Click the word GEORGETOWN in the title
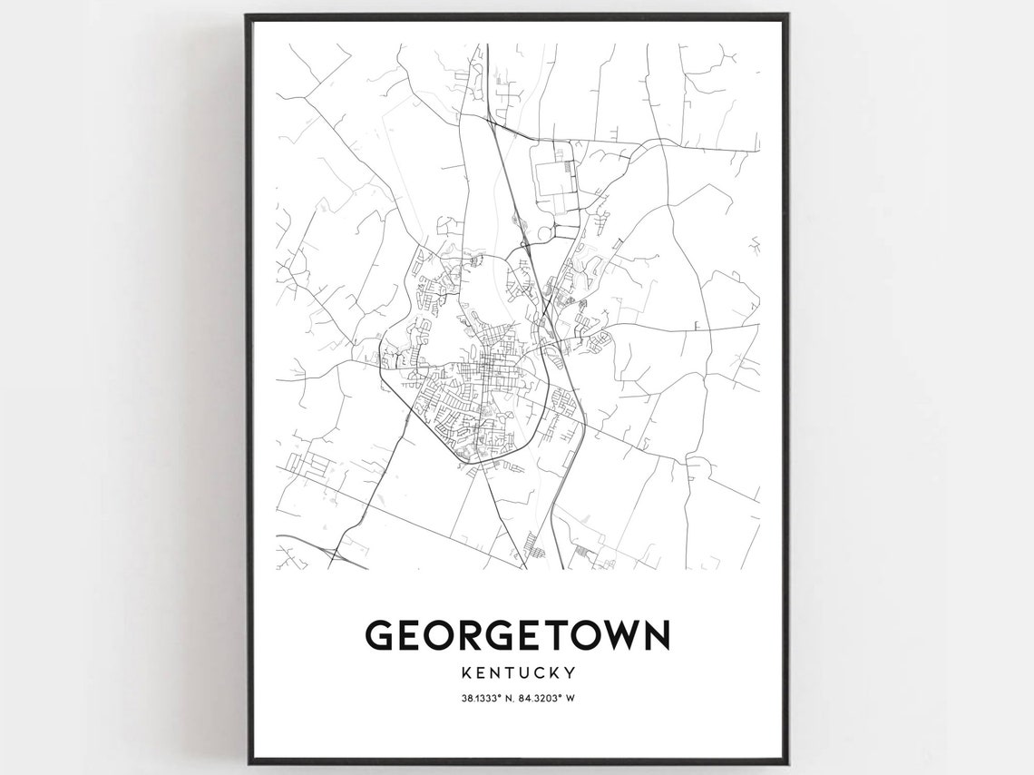coord(517,634)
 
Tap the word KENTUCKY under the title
coord(517,673)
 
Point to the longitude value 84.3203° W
coord(551,699)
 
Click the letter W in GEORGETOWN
coord(620,634)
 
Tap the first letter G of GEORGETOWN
coord(380,634)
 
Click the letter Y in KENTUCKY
coord(571,673)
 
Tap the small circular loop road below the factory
coord(545,233)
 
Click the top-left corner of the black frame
coord(248,16)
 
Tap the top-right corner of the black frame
coord(786,16)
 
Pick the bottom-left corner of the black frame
coord(248,762)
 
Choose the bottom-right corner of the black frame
coord(786,762)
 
